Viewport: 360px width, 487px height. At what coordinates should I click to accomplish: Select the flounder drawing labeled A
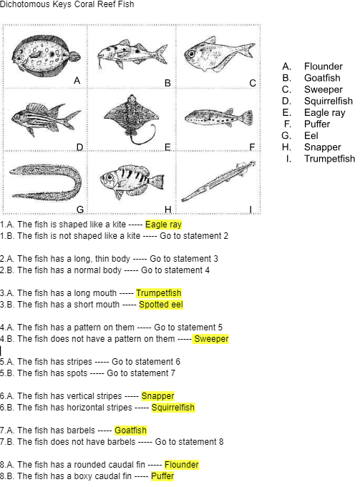coord(45,56)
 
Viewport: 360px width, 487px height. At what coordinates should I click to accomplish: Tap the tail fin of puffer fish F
coord(248,118)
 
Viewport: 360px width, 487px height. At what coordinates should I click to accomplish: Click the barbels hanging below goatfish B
coord(99,62)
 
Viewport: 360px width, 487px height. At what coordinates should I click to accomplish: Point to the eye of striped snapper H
coord(110,177)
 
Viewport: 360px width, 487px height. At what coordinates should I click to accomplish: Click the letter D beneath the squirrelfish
coord(80,147)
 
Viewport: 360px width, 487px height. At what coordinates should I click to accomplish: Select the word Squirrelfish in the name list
coord(329,101)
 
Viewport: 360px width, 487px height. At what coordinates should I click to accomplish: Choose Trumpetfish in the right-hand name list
coord(329,158)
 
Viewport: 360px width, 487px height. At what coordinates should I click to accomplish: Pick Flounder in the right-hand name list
coord(323,67)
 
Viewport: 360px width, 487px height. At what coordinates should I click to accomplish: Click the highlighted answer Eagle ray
coord(163,225)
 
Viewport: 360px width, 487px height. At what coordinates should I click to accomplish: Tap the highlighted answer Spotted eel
coord(161,305)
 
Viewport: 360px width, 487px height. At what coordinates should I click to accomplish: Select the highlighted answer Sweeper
coord(211,338)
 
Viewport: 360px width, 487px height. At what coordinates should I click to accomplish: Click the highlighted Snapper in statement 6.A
coord(157,396)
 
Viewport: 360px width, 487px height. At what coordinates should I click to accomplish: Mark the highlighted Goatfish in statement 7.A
coord(130,431)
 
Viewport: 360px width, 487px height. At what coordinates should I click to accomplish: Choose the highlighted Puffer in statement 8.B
coord(162,476)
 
